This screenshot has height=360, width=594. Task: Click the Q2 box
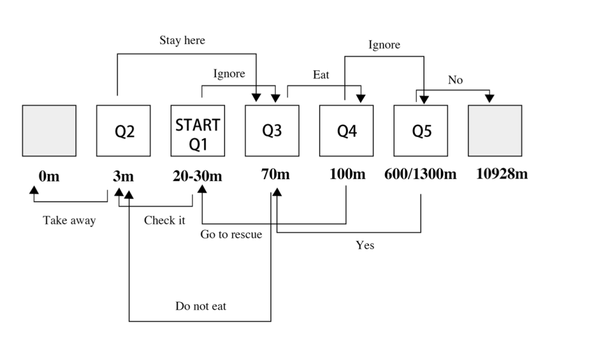pyautogui.click(x=123, y=130)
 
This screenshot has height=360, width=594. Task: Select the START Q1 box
pyautogui.click(x=198, y=130)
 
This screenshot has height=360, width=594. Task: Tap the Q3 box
pyautogui.click(x=272, y=130)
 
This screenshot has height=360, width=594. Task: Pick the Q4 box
pyautogui.click(x=346, y=130)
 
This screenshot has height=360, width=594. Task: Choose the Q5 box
pyautogui.click(x=421, y=130)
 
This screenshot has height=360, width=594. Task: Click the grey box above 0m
pyautogui.click(x=49, y=130)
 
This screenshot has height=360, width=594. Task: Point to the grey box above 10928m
pyautogui.click(x=495, y=130)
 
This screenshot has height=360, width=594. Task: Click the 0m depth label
pyautogui.click(x=49, y=176)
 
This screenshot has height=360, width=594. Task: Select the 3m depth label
pyautogui.click(x=123, y=176)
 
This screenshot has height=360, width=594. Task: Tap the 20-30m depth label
pyautogui.click(x=197, y=176)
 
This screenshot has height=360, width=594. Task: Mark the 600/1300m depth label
pyautogui.click(x=420, y=174)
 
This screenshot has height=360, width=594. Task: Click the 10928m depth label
pyautogui.click(x=502, y=174)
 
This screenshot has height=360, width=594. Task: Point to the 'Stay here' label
pyautogui.click(x=182, y=41)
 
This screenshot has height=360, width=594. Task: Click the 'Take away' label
pyautogui.click(x=69, y=220)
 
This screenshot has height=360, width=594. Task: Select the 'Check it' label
pyautogui.click(x=165, y=220)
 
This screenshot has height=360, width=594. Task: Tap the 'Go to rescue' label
pyautogui.click(x=231, y=234)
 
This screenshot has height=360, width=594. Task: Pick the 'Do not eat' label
pyautogui.click(x=201, y=306)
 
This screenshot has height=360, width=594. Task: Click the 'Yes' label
pyautogui.click(x=365, y=245)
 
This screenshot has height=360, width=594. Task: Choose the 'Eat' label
pyautogui.click(x=321, y=75)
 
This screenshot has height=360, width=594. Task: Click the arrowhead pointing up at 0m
pyautogui.click(x=34, y=189)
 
